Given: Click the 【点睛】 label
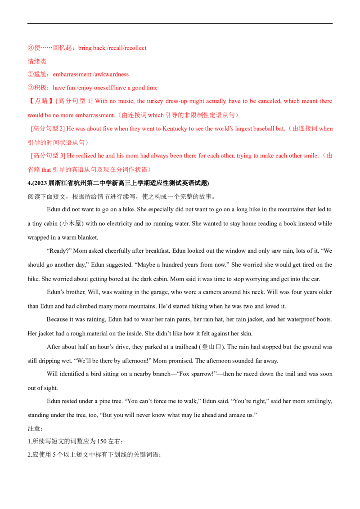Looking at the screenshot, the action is click(x=36, y=101).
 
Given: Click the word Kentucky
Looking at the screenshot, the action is click(x=173, y=129).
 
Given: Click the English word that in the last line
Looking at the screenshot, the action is click(x=41, y=170).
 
